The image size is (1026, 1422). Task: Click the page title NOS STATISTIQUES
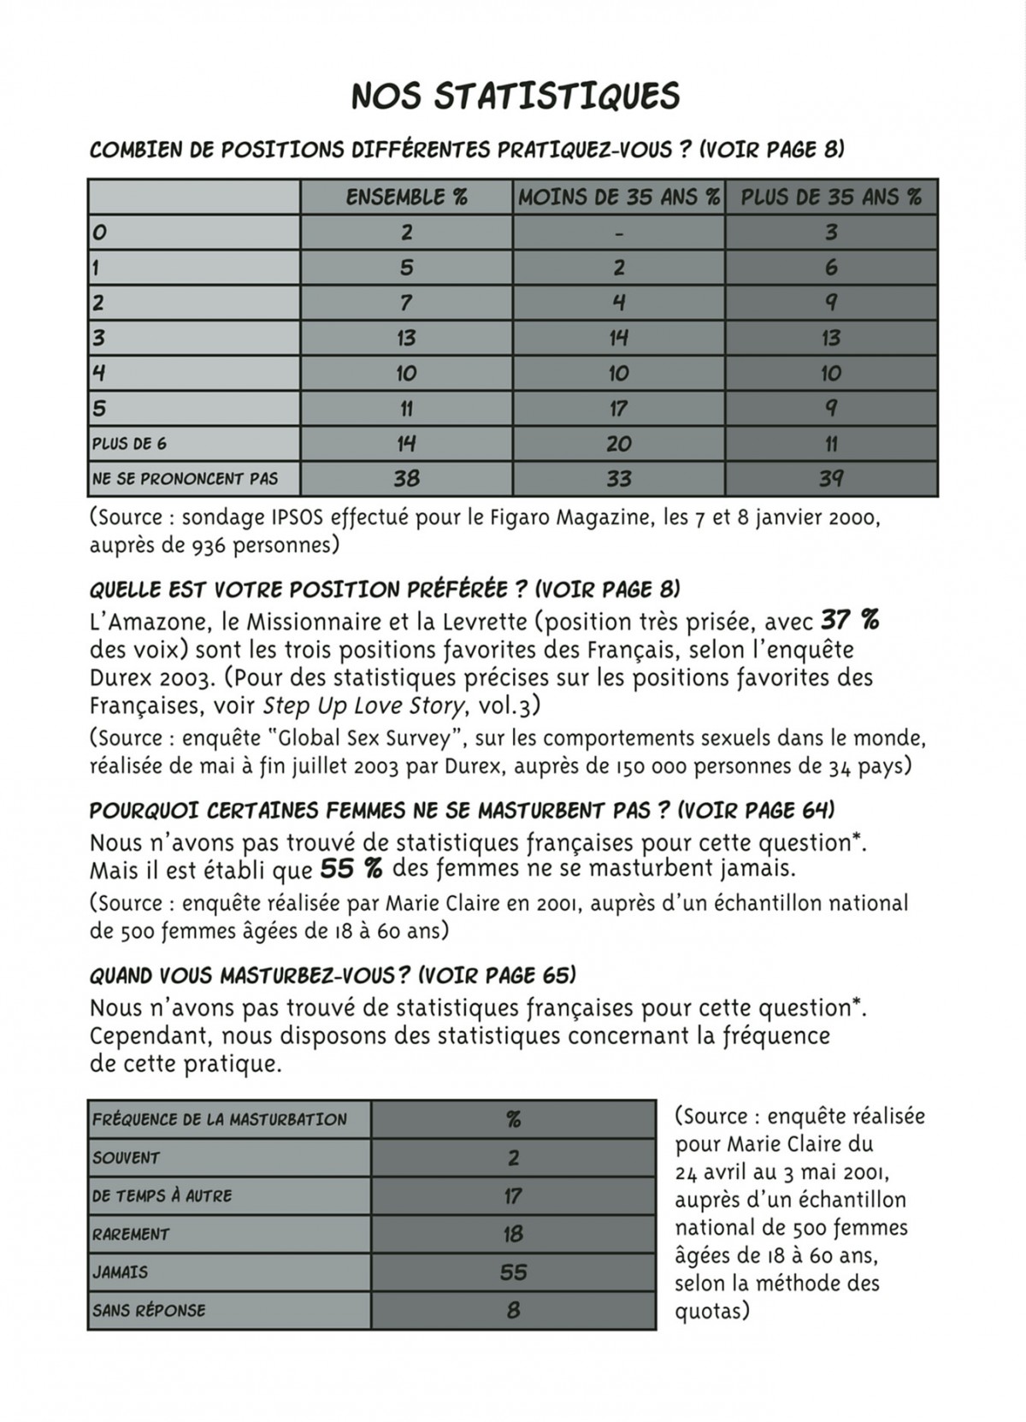coord(516,96)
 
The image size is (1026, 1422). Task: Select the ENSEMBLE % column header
coord(406,198)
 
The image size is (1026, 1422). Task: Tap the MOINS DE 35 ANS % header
coord(619,198)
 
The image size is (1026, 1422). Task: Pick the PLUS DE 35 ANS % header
coord(831,198)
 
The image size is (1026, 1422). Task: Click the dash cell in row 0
coord(619,233)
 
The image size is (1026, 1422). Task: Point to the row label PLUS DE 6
coord(123,444)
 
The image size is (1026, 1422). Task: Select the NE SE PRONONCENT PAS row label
coord(185,479)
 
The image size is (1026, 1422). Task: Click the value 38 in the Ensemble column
coord(406,479)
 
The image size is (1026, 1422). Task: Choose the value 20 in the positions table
coord(619,444)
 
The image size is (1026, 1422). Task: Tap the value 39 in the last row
coord(831,479)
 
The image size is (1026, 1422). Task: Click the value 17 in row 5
coord(619,409)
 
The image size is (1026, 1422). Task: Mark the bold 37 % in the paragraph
coord(850,619)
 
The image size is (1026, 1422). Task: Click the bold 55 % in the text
coord(351,870)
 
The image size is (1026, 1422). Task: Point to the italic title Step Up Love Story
coord(365,706)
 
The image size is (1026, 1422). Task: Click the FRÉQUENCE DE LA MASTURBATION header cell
coord(220,1119)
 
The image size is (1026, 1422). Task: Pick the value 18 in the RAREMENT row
coord(513,1234)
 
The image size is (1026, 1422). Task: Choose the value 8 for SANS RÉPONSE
coord(513,1310)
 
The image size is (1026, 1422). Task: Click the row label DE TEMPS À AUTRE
coord(162,1196)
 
